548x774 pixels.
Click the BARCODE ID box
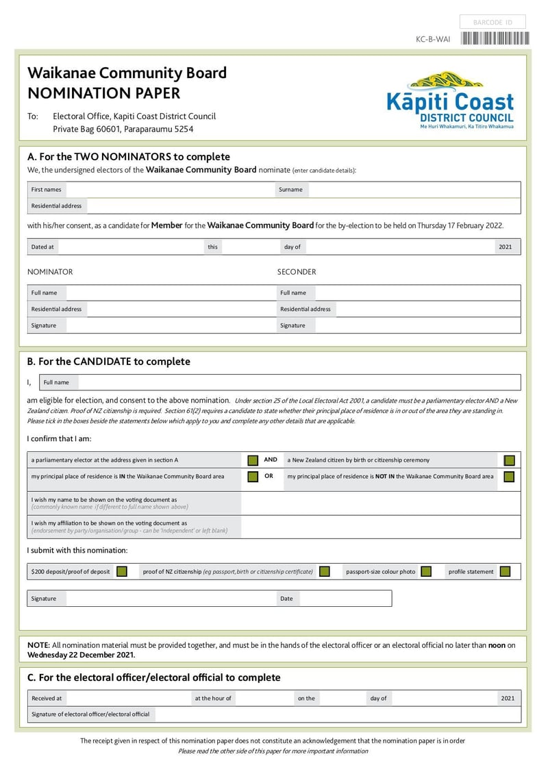click(493, 23)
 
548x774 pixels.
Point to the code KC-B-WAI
click(433, 40)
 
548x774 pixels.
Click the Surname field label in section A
click(290, 190)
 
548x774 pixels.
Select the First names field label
click(46, 190)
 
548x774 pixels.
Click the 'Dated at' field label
click(42, 247)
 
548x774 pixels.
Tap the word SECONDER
click(297, 272)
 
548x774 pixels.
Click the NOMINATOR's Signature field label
click(43, 325)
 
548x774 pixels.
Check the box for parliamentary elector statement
click(253, 460)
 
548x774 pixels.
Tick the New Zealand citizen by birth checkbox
click(509, 460)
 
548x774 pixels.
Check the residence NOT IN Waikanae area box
click(509, 477)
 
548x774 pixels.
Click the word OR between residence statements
click(269, 476)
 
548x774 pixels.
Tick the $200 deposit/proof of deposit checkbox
click(122, 571)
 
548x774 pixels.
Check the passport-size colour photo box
click(426, 571)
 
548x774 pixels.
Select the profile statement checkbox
click(506, 571)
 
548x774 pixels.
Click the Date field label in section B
click(286, 599)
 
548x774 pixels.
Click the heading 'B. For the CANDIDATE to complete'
click(109, 362)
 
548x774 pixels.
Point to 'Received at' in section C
click(47, 699)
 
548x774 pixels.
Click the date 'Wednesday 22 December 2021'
click(81, 655)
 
